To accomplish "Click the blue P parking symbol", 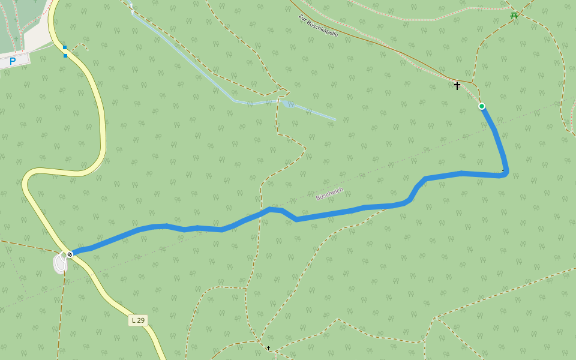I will point(12,61).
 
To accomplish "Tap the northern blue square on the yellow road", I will point(65,47).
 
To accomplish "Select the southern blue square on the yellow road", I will point(65,56).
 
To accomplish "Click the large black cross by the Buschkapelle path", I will point(457,86).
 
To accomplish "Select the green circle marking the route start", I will point(482,106).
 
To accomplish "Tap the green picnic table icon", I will point(514,15).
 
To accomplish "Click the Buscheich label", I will point(329,194).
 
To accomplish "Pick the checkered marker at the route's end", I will point(70,254).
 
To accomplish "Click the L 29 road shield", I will point(138,320).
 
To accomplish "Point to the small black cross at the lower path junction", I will point(268,348).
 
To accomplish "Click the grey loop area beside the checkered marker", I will point(60,263).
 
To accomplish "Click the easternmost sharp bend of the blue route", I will point(506,173).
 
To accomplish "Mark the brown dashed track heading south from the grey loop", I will point(62,312).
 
